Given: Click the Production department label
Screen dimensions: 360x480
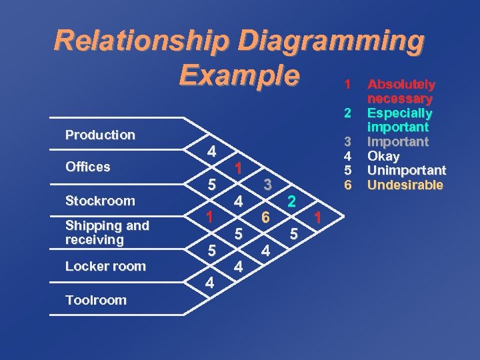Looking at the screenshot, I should pos(100,135).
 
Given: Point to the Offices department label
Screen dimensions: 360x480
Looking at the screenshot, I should pos(88,167).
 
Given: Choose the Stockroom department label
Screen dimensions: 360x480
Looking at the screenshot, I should pos(100,201).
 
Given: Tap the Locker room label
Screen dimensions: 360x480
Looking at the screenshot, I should pos(105,266).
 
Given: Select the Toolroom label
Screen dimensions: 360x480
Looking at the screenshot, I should pos(96,300).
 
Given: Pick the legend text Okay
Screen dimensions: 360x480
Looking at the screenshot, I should pos(384,157).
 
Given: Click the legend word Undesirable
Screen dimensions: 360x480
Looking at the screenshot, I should pos(405,185).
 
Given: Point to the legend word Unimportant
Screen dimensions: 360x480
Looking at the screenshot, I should pos(407,171).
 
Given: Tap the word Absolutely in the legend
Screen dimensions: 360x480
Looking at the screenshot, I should pos(401,85).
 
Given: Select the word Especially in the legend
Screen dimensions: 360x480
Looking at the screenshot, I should pos(400,113).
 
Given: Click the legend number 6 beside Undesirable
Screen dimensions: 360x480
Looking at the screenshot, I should pos(347,185).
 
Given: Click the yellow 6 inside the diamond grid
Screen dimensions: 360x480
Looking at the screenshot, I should pos(265,217).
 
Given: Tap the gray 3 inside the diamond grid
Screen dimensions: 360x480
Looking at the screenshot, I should pos(266,185).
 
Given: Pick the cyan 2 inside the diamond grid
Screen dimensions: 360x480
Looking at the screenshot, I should pos(291,201).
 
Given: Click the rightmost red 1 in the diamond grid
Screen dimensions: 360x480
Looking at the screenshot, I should pos(318,217).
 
